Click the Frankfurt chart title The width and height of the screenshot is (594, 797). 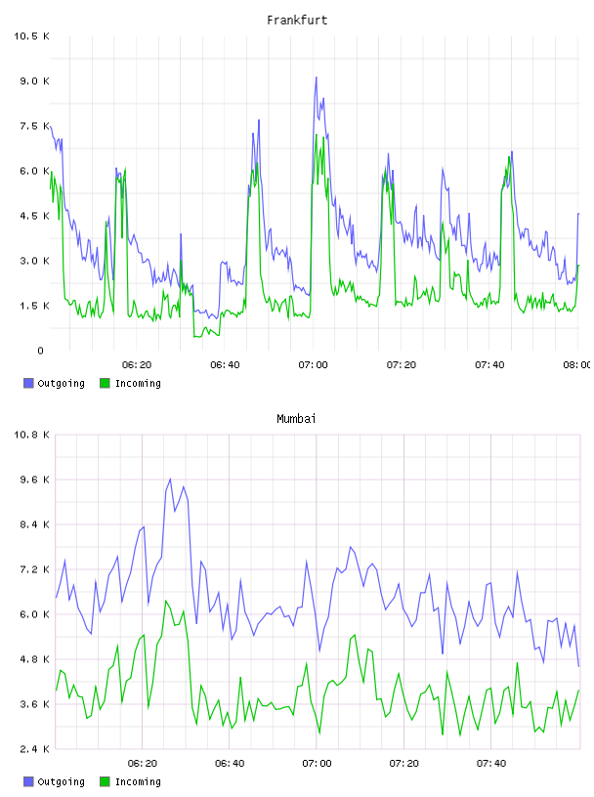coord(297,21)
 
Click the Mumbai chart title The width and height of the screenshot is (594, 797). coord(296,419)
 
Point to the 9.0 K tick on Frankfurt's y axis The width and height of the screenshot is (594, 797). coord(34,81)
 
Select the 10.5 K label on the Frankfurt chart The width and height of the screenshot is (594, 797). coord(31,36)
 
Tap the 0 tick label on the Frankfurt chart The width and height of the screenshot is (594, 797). coord(40,351)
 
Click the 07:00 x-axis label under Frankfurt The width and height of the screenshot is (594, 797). coord(313,365)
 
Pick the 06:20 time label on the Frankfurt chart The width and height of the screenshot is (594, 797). coord(137,365)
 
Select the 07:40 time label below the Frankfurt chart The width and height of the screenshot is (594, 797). coord(489,365)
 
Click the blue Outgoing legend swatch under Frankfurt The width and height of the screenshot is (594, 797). coord(28,383)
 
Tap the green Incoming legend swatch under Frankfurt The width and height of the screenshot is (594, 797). coord(105,383)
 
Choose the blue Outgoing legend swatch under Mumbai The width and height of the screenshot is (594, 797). coord(28,781)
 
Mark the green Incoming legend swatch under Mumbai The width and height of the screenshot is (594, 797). coord(105,781)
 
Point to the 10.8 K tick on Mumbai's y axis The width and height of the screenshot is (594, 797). coord(31,435)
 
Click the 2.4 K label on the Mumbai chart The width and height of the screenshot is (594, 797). coord(34,749)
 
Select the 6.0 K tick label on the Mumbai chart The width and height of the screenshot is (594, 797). coord(34,614)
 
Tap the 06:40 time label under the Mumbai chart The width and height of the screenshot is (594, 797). coord(230,764)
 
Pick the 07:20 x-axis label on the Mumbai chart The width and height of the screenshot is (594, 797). coord(403,764)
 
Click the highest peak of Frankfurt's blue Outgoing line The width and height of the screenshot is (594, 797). coord(316,77)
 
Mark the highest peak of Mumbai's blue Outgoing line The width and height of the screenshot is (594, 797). coord(170,479)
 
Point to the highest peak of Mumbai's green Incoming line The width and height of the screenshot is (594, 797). coord(166,601)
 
